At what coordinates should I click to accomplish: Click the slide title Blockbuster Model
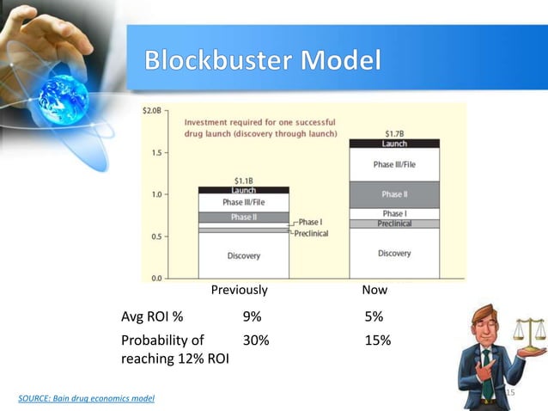pyautogui.click(x=262, y=62)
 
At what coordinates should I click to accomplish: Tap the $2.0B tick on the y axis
pyautogui.click(x=153, y=110)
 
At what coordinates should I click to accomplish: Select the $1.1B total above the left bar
pyautogui.click(x=243, y=180)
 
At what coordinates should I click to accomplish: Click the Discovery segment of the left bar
pyautogui.click(x=243, y=255)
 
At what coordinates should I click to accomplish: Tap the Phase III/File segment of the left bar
pyautogui.click(x=243, y=202)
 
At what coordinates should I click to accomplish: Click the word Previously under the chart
pyautogui.click(x=240, y=291)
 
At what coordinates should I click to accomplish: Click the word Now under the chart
pyautogui.click(x=374, y=291)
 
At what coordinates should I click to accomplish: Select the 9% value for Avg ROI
pyautogui.click(x=253, y=316)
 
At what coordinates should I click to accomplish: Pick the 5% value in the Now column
pyautogui.click(x=374, y=316)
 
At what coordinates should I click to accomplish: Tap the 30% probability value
pyautogui.click(x=256, y=340)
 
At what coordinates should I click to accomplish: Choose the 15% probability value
pyautogui.click(x=377, y=340)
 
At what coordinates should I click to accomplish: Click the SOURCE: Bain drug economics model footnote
pyautogui.click(x=87, y=399)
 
